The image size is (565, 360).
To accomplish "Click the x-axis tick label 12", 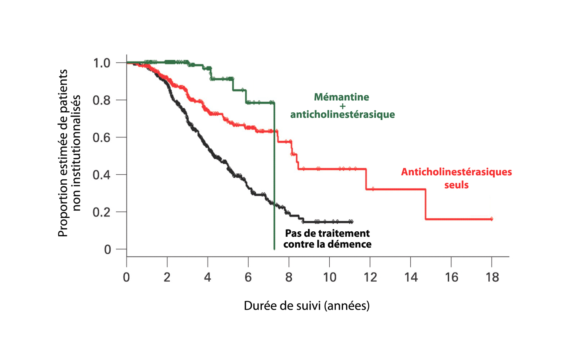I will [370, 277].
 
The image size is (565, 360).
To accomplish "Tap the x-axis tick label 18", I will [492, 277].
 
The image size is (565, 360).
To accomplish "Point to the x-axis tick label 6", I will [248, 277].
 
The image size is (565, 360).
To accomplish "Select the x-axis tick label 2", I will [167, 277].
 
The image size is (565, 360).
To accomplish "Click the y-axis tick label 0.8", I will [102, 100].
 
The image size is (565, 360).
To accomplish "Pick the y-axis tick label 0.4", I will [102, 175].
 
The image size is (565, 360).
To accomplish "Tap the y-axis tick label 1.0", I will [102, 63].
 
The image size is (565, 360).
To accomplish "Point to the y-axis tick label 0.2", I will [102, 212].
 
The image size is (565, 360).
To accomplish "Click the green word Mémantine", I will [342, 97].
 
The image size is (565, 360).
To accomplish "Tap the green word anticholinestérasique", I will [342, 115].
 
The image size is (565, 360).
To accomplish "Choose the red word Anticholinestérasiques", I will [456, 172].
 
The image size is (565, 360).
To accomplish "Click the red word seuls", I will [456, 185].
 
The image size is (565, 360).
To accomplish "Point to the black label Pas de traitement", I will [328, 233].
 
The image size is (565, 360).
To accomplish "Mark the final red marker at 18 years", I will [491, 219].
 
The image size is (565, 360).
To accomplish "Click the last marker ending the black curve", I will [351, 222].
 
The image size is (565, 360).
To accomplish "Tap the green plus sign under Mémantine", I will [342, 106].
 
